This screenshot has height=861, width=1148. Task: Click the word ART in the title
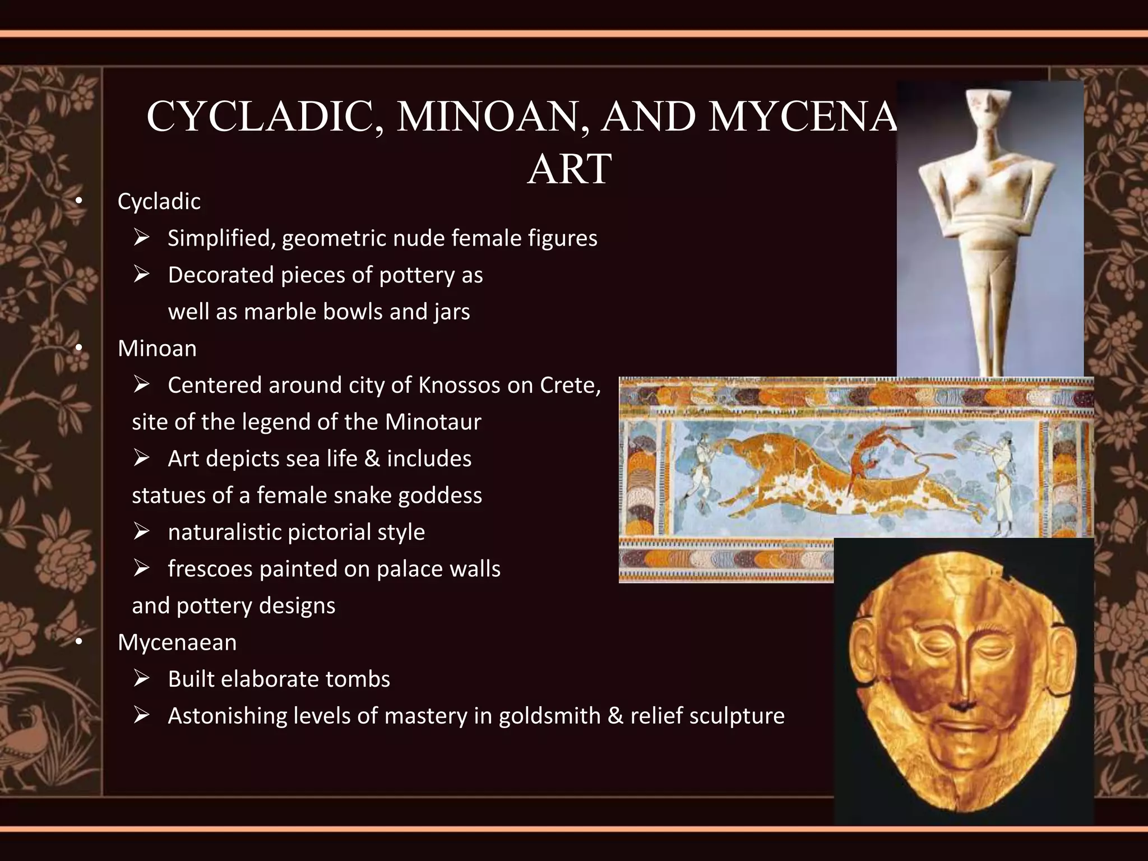coord(569,169)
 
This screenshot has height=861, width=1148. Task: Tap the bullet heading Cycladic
coord(159,202)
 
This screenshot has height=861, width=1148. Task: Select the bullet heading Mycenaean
coord(177,642)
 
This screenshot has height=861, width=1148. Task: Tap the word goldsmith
coord(549,716)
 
